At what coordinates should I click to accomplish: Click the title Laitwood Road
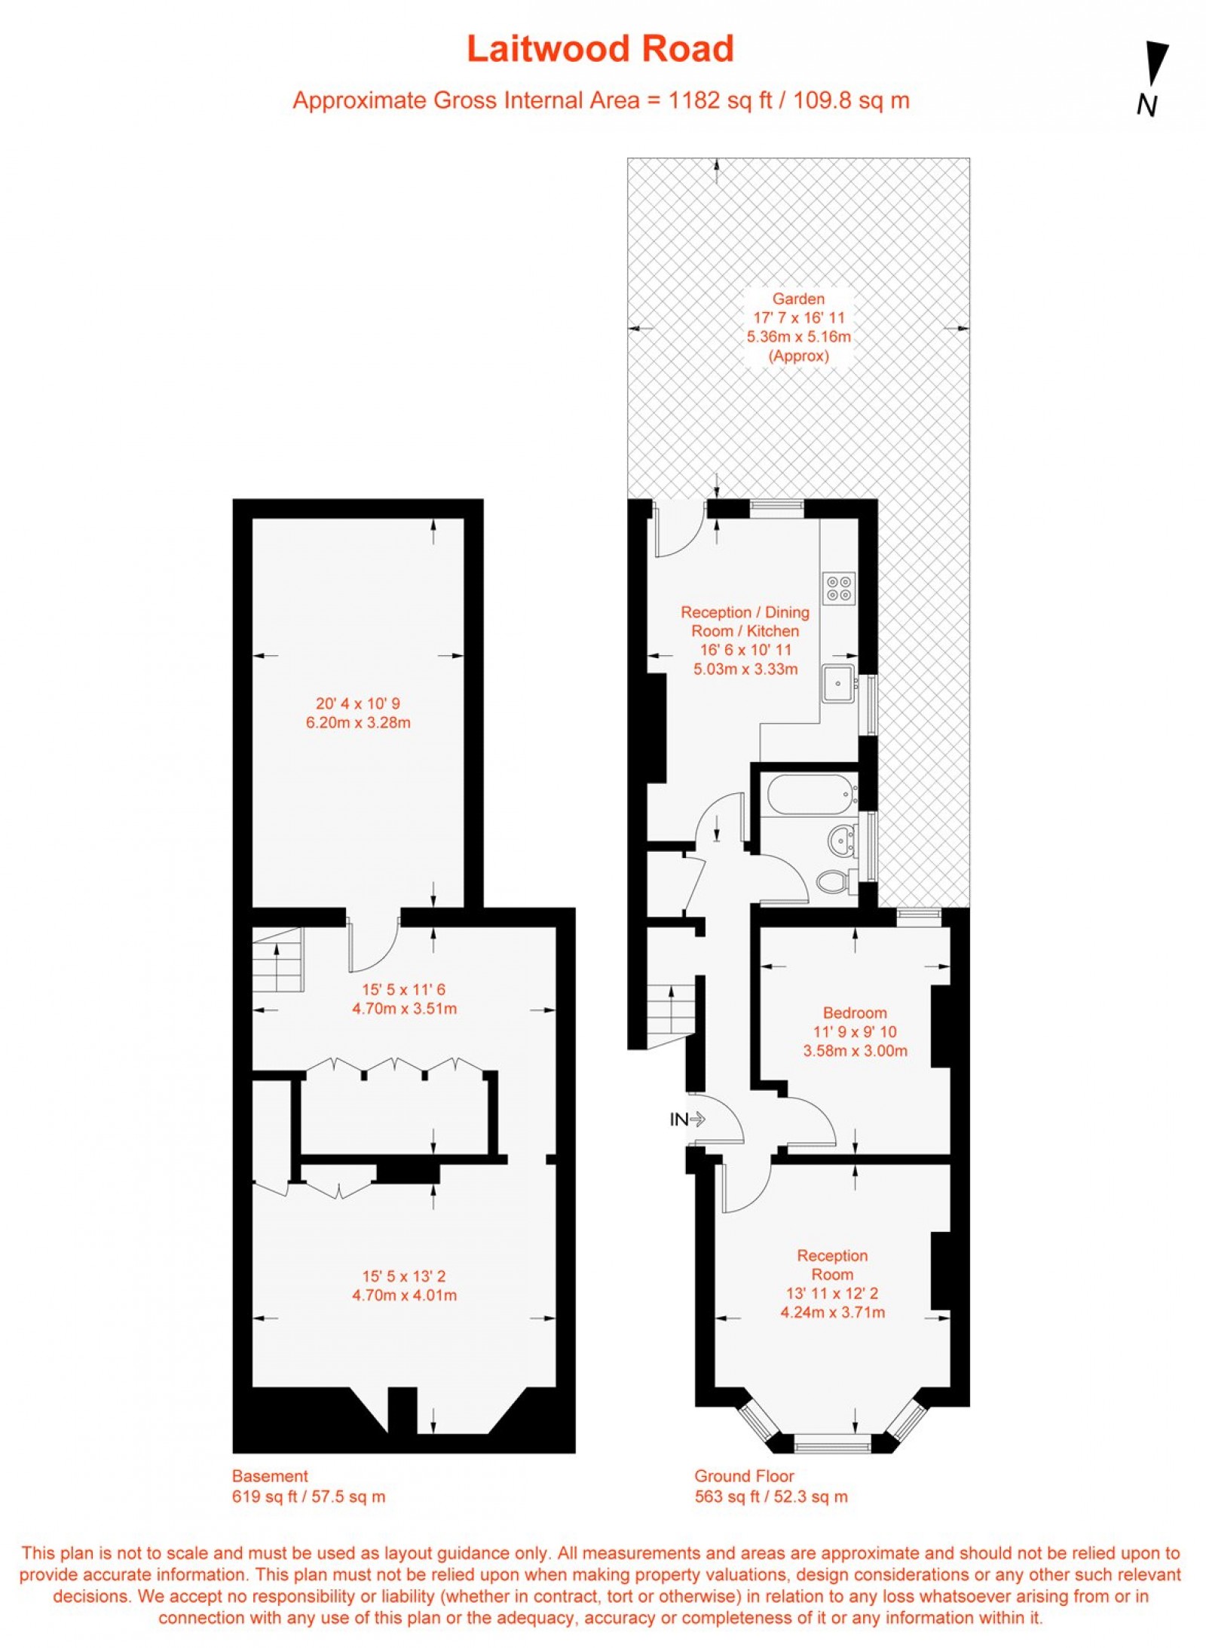click(600, 50)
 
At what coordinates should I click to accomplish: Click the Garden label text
click(798, 299)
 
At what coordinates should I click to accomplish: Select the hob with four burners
click(839, 587)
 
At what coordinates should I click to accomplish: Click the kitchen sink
click(838, 683)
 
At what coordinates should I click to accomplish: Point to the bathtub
click(810, 795)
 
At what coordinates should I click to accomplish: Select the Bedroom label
click(855, 1012)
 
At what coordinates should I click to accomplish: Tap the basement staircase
click(277, 960)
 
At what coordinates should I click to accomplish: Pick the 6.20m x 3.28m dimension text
click(358, 723)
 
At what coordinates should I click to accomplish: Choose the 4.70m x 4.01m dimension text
click(404, 1295)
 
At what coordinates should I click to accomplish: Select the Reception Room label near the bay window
click(832, 1264)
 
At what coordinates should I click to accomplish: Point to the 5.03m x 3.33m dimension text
click(745, 669)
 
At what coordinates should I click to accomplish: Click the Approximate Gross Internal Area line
click(601, 100)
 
